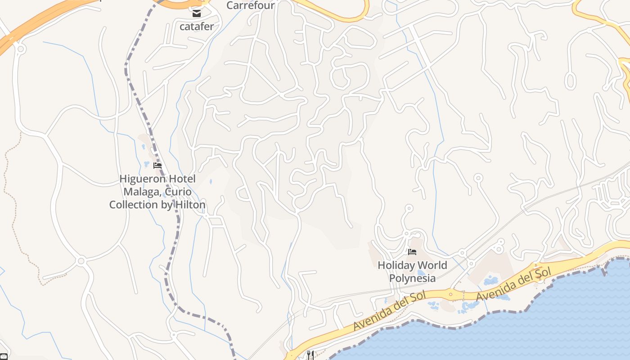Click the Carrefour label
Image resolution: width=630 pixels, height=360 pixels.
250,5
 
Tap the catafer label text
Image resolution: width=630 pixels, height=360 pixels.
197,27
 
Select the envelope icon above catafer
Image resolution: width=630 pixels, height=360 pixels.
197,13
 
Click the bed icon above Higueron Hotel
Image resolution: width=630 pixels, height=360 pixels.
157,166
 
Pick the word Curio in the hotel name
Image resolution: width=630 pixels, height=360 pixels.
179,192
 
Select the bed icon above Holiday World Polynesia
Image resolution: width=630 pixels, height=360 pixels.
412,252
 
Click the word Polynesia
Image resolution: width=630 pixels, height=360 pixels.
412,278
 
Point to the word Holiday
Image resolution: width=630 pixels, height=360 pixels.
395,265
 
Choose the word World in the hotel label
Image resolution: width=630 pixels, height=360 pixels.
431,265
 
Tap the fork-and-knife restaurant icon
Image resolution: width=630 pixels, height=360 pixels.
310,355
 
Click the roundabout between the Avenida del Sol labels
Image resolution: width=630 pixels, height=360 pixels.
451,294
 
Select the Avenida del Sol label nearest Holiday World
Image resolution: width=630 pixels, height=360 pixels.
390,310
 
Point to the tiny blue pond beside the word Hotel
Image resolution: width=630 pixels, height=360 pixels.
211,182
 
